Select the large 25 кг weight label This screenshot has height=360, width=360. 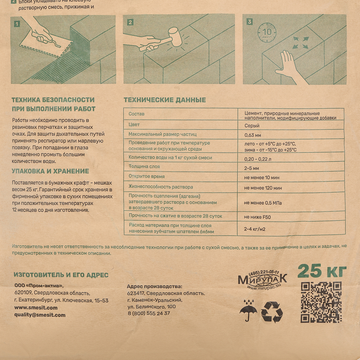pos(322,271)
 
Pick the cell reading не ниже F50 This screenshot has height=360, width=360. pos(258,217)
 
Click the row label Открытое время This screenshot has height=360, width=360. pos(147,176)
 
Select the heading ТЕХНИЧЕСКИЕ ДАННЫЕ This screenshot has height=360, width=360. pos(165,100)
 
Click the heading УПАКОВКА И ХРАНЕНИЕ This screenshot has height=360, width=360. pos(50,171)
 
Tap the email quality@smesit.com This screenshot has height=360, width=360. pos(40,315)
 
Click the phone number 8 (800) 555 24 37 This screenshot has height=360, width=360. pos(148,313)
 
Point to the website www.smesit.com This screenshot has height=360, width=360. pos(36,308)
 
